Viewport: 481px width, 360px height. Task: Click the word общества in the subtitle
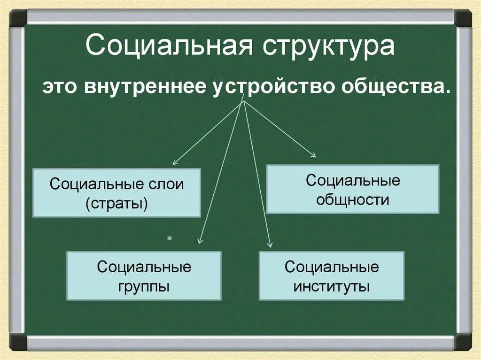click(397, 87)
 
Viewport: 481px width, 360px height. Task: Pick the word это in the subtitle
click(61, 88)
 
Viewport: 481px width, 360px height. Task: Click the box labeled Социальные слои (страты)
click(116, 192)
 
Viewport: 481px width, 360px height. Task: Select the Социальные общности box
click(353, 189)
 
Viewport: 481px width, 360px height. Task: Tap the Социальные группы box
click(144, 276)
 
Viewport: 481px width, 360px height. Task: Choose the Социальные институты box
click(331, 276)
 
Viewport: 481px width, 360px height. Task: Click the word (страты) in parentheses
click(116, 203)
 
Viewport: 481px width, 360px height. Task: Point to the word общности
click(353, 200)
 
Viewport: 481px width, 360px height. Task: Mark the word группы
click(144, 286)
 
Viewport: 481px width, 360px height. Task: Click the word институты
click(332, 286)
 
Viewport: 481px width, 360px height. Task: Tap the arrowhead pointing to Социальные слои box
click(174, 163)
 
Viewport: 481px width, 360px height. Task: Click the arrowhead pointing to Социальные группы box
click(200, 241)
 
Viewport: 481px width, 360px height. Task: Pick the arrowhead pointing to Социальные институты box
click(270, 244)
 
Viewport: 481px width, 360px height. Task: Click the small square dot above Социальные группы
click(169, 238)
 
